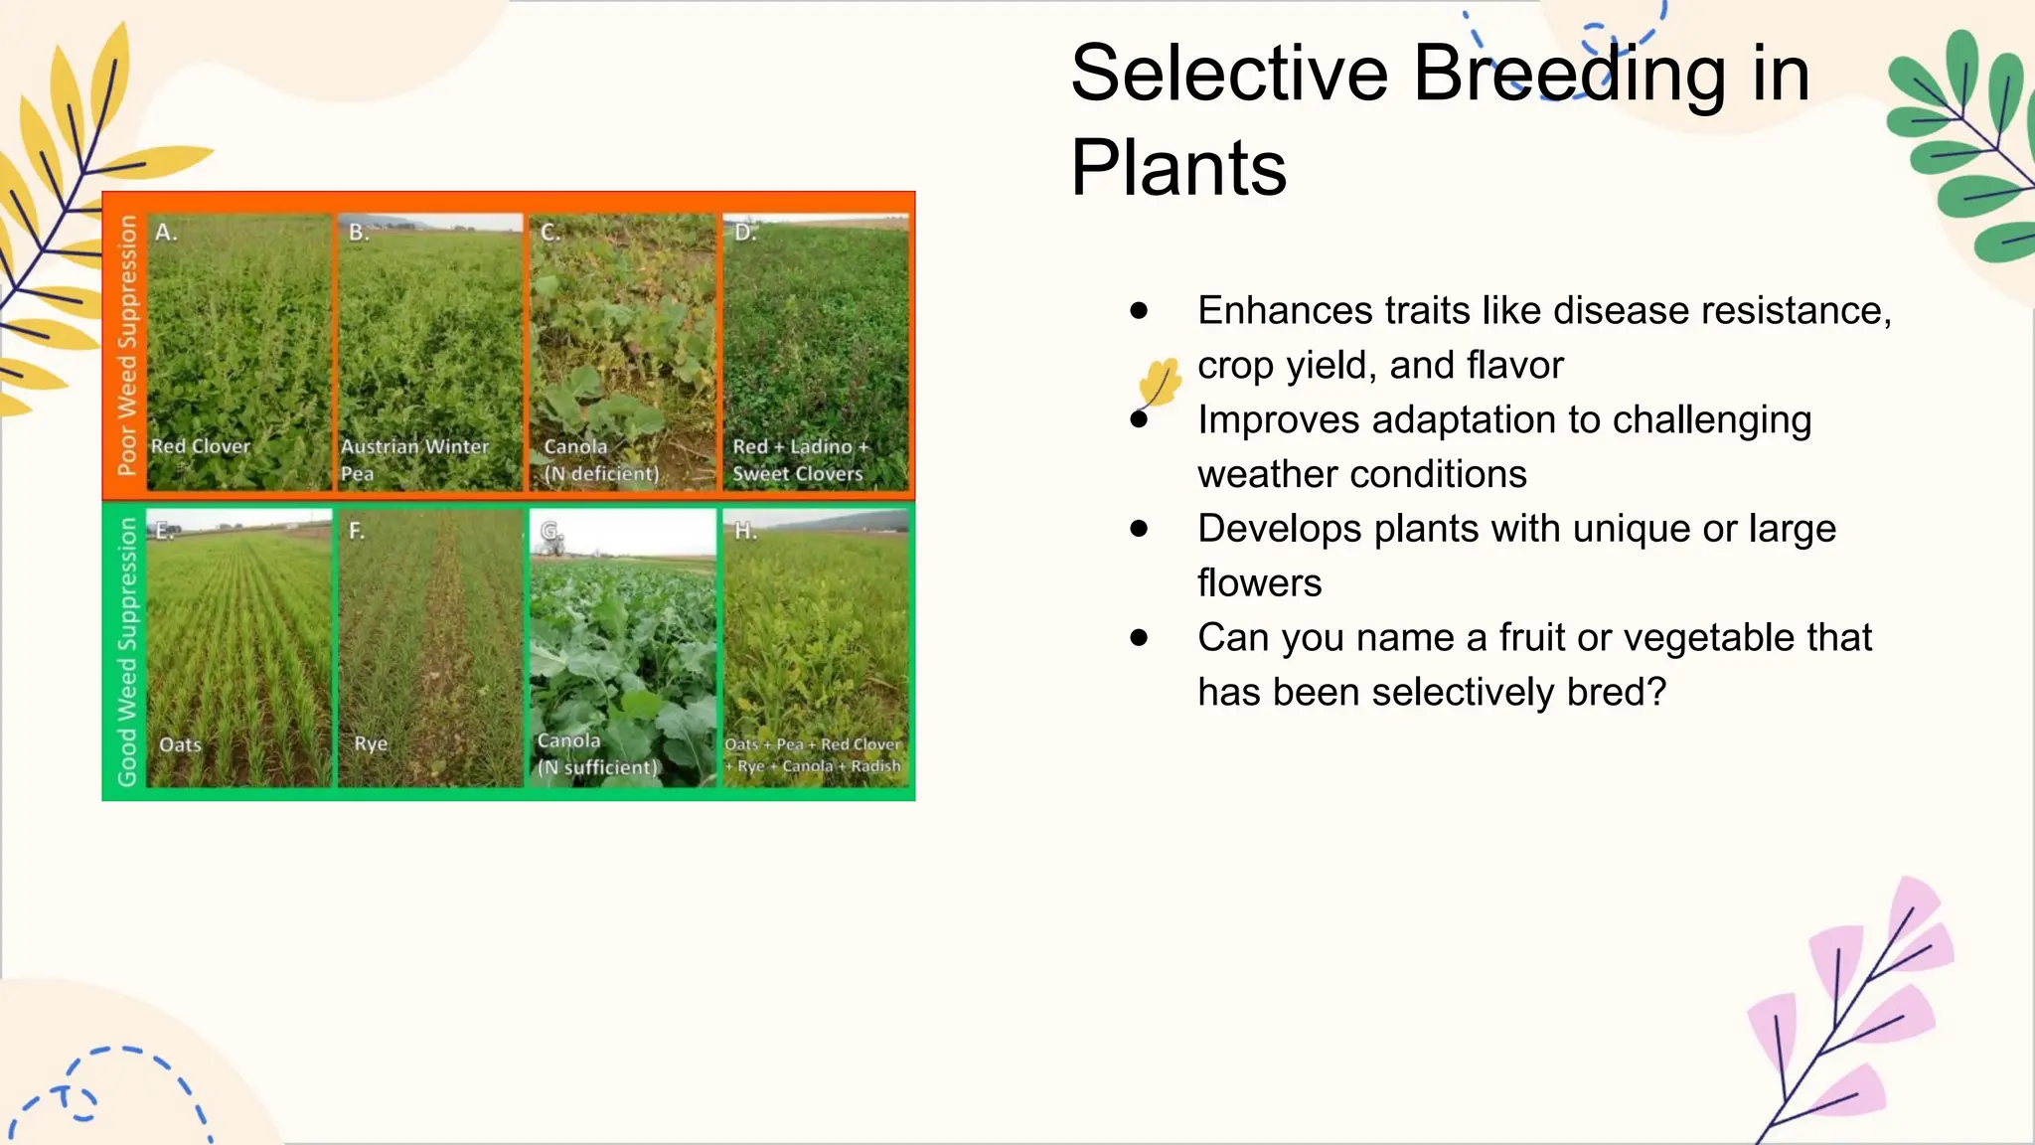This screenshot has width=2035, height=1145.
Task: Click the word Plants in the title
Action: click(x=1178, y=168)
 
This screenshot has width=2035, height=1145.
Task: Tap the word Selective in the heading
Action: click(x=1229, y=74)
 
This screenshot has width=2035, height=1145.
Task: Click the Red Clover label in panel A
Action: click(x=201, y=446)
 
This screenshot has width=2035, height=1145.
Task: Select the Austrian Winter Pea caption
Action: click(x=414, y=459)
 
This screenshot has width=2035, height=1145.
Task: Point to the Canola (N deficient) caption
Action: click(x=600, y=460)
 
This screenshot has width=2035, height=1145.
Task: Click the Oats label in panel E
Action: click(x=180, y=744)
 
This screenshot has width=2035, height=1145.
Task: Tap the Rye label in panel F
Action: click(x=371, y=743)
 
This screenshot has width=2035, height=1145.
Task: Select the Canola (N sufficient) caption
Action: click(x=596, y=754)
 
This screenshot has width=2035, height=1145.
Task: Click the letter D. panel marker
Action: click(x=745, y=233)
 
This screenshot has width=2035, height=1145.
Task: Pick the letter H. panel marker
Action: click(x=745, y=531)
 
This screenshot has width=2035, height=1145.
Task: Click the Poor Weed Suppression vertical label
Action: click(x=126, y=345)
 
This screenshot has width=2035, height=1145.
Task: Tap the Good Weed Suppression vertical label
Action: click(x=126, y=651)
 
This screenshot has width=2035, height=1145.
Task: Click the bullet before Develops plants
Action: click(x=1139, y=529)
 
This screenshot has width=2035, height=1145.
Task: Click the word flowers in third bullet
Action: click(x=1259, y=583)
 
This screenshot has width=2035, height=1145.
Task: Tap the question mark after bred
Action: click(x=1655, y=692)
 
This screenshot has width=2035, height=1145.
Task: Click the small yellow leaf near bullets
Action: click(x=1160, y=382)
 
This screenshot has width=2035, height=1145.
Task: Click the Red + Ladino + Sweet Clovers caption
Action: click(x=799, y=460)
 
